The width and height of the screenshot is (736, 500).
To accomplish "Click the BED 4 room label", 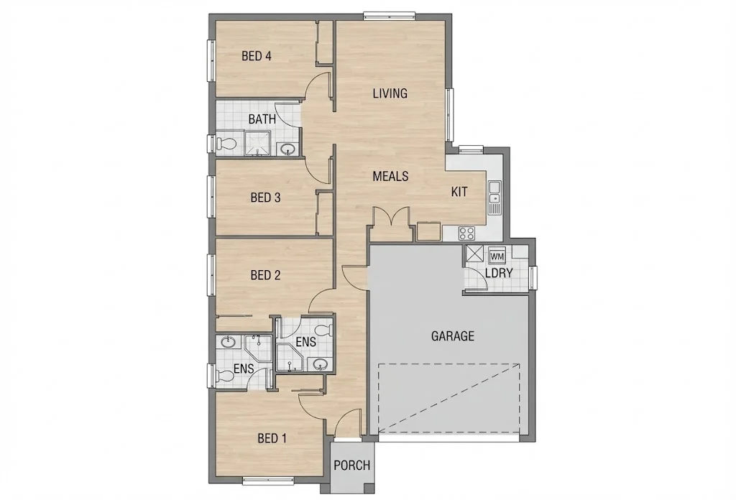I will (x=256, y=56).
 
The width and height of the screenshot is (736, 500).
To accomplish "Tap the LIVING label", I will (x=390, y=93).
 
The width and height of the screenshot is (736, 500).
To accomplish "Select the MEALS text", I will (x=390, y=176).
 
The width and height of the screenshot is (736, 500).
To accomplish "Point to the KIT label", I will (x=459, y=192).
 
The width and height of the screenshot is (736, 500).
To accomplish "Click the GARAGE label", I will (x=452, y=335).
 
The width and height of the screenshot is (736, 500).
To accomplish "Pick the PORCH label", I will (x=352, y=466).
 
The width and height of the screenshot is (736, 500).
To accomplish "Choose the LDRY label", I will (x=499, y=274).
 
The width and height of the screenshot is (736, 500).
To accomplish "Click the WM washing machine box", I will (x=497, y=255).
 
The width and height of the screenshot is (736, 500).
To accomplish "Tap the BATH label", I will (x=262, y=119).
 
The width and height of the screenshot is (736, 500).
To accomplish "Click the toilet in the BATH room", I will (x=227, y=143).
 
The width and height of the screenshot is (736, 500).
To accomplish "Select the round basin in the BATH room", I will (x=287, y=149).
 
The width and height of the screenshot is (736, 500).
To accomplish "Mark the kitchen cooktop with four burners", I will (x=466, y=232).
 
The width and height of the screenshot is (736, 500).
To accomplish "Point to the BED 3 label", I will (x=264, y=198).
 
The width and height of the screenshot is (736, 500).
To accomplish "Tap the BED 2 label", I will (x=264, y=274).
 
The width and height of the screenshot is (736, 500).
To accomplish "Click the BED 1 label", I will (x=272, y=438).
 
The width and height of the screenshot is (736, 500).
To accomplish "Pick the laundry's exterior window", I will (x=533, y=277).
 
